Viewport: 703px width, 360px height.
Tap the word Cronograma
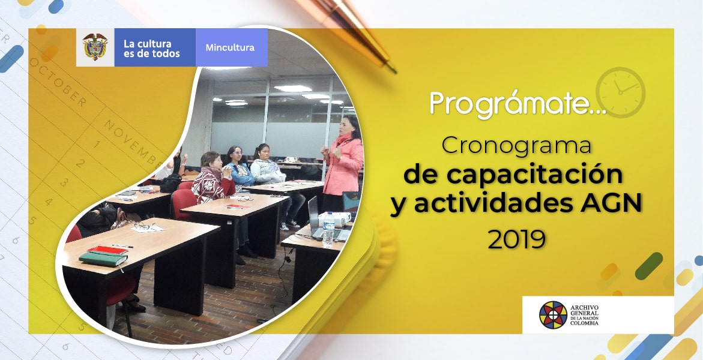click(516, 146)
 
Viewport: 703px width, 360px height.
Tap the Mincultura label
click(230, 47)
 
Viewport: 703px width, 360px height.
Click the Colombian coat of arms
click(95, 47)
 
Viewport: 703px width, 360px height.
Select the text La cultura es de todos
click(151, 49)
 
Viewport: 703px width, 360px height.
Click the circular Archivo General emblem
click(553, 315)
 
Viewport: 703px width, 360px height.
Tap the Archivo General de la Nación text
click(584, 315)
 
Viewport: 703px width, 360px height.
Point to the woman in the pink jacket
click(342, 165)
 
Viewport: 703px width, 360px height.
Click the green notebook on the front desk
click(103, 259)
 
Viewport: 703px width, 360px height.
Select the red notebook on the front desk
click(107, 250)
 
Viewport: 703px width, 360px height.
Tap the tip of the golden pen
click(396, 72)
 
